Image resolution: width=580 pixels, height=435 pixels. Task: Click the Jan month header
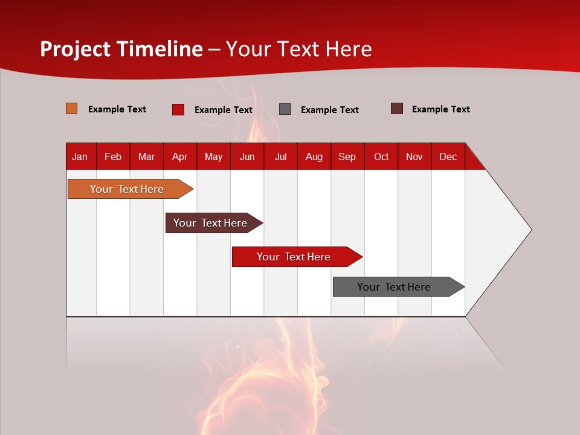(80, 156)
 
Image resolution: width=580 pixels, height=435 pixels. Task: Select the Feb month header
(113, 156)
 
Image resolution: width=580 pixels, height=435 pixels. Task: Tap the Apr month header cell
(180, 156)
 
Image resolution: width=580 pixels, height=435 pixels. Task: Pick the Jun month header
(247, 156)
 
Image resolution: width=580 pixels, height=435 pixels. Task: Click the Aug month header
(314, 156)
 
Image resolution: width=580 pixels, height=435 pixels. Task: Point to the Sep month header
(347, 156)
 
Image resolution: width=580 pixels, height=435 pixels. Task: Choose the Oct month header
(381, 156)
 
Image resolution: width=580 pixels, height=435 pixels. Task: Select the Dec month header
(448, 156)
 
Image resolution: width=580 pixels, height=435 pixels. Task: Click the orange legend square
(72, 109)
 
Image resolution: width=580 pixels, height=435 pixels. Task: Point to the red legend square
(178, 109)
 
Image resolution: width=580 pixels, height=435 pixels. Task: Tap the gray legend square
(285, 109)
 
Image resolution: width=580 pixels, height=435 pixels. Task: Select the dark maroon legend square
(397, 109)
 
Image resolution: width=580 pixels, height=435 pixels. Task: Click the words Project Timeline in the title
(121, 49)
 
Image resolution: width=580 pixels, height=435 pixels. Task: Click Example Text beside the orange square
(117, 109)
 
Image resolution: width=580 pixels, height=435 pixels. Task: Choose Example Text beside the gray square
(330, 110)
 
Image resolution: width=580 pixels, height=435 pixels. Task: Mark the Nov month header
(414, 156)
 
